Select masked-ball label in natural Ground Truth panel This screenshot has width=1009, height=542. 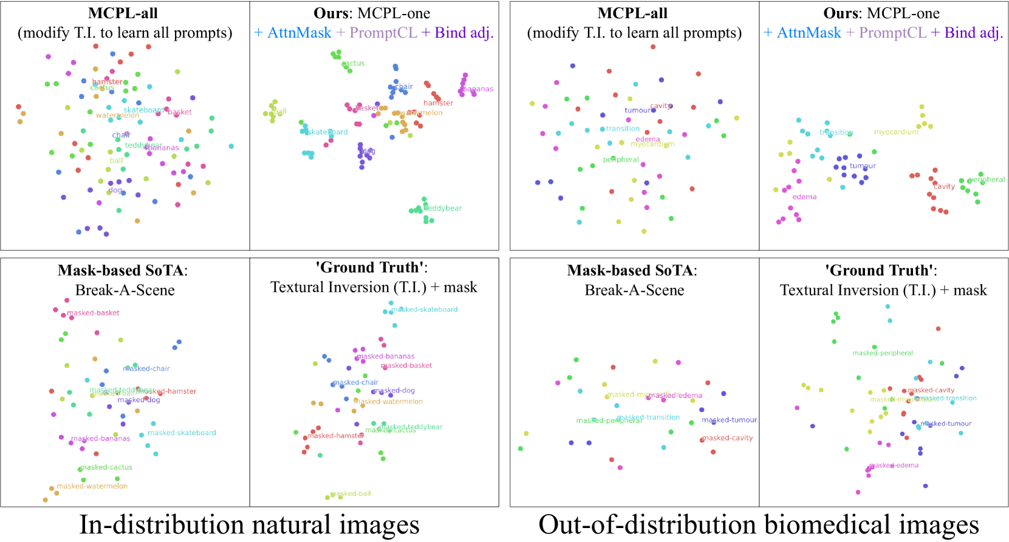351,494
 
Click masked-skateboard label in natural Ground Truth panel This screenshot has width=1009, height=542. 425,310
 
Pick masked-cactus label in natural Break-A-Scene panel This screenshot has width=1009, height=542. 106,467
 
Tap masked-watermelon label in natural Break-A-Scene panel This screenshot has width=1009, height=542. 92,486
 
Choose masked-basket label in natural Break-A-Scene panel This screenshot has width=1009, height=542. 94,313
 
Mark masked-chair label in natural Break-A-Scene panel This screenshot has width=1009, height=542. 147,368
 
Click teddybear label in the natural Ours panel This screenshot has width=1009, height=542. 443,208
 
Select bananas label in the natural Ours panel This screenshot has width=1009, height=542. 478,89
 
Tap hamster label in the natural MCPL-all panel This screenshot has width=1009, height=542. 107,82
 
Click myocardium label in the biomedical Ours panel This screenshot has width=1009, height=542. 896,132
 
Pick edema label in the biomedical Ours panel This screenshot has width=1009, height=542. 804,197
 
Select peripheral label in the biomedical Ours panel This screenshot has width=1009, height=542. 987,180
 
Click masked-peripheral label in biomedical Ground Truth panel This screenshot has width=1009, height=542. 883,353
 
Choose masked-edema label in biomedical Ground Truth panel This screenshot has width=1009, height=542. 894,466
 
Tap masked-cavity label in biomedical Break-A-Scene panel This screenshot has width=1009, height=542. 727,438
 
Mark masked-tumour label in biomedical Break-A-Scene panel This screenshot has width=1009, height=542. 730,420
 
